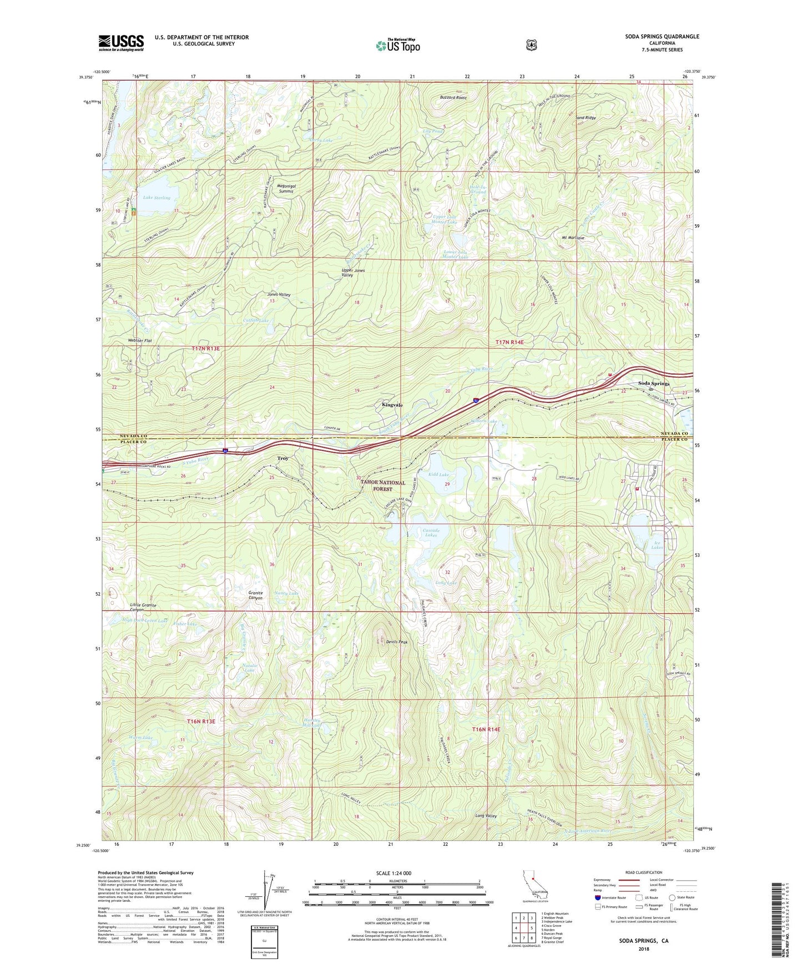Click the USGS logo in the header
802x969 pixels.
121,43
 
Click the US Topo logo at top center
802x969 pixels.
397,46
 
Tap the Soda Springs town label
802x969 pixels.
653,383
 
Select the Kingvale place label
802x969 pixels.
392,405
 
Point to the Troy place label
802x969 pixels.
283,458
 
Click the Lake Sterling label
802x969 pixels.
157,198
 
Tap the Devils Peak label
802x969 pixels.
397,642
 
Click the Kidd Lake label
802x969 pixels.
438,475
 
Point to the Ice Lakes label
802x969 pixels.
657,545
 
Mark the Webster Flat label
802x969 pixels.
140,341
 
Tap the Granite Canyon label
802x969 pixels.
255,595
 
